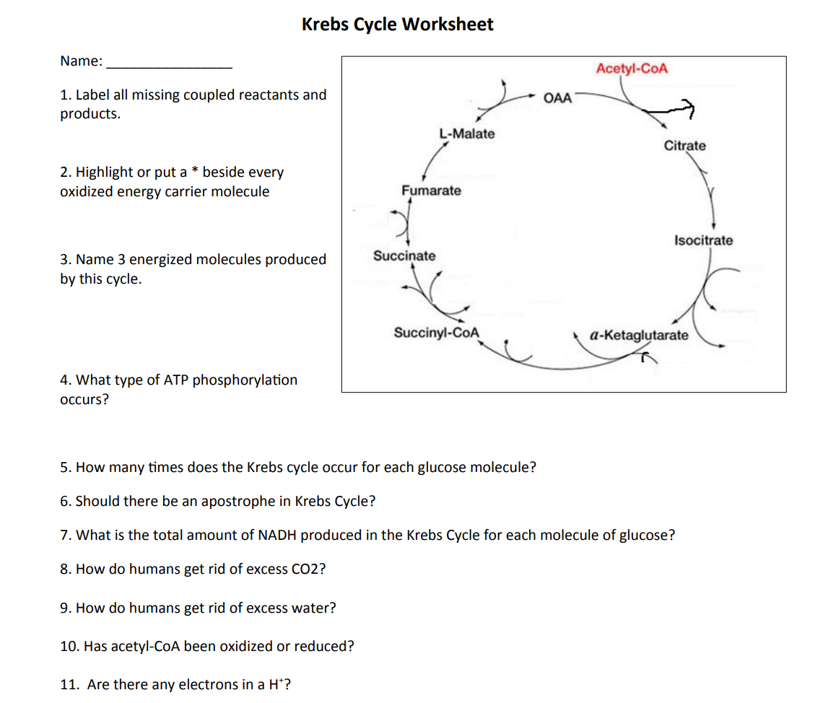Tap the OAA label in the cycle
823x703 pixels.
pyautogui.click(x=557, y=97)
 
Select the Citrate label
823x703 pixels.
pyautogui.click(x=684, y=146)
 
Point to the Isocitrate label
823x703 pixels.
pyautogui.click(x=703, y=240)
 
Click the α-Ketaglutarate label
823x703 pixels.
pyautogui.click(x=639, y=336)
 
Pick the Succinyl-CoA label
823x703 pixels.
pyautogui.click(x=436, y=333)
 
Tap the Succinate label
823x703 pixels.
pyautogui.click(x=404, y=256)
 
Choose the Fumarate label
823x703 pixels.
pyautogui.click(x=431, y=191)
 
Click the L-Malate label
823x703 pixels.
pyautogui.click(x=467, y=134)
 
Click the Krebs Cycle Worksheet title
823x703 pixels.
pyautogui.click(x=397, y=25)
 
